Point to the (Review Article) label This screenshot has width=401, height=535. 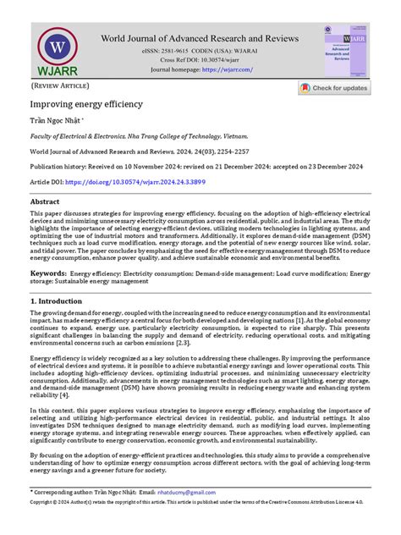click(60, 87)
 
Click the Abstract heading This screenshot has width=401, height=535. click(45, 202)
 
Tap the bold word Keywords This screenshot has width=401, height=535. click(49, 274)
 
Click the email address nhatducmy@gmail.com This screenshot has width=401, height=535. click(183, 516)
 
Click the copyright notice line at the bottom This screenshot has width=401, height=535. click(200, 526)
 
